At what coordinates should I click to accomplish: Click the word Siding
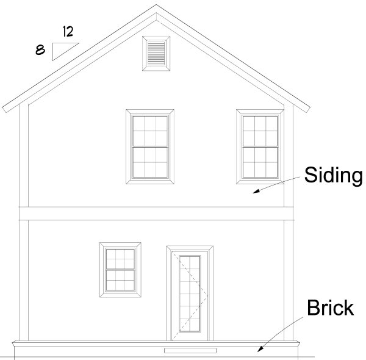point(334,176)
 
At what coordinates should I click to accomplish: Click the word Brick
point(330,308)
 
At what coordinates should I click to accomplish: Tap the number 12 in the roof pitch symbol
point(68,32)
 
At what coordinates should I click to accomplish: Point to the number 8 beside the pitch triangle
point(40,50)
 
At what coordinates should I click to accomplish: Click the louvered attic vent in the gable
point(156,54)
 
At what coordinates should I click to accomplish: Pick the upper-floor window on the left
point(150,146)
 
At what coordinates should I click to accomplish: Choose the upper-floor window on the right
point(260,146)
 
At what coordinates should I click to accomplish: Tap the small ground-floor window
point(120,270)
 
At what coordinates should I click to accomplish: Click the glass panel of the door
point(190,293)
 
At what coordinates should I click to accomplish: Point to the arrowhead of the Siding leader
point(256,191)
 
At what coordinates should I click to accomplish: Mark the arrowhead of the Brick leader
point(260,348)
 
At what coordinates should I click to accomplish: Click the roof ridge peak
point(156,5)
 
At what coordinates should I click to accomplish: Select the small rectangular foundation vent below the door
point(190,350)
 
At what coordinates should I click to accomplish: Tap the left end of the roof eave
point(5,110)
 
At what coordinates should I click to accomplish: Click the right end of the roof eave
point(307,110)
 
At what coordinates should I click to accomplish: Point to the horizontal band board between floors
point(156,214)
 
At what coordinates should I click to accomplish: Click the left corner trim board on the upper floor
point(24,156)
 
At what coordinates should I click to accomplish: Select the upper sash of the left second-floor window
point(150,131)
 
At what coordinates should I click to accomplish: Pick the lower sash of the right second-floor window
point(260,162)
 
